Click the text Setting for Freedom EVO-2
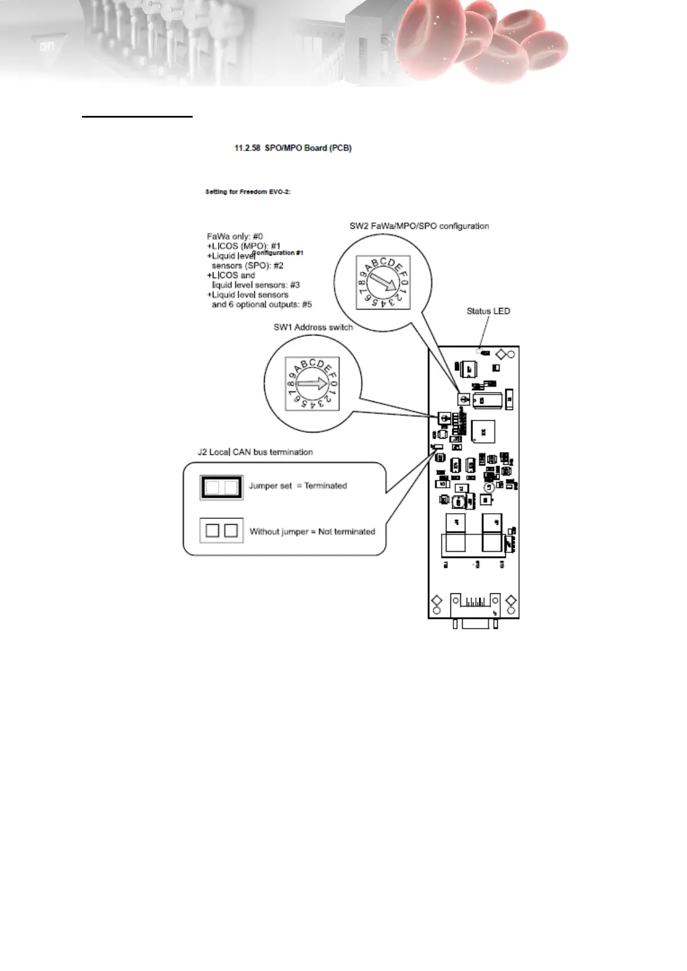click(x=247, y=191)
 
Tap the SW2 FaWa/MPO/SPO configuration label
click(x=419, y=226)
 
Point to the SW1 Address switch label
click(x=313, y=327)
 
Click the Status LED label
click(x=488, y=311)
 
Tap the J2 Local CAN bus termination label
click(x=255, y=452)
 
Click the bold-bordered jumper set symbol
click(x=222, y=488)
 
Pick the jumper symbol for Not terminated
click(x=222, y=530)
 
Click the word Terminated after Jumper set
click(x=325, y=485)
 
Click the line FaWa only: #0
click(x=235, y=236)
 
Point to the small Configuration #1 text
click(x=278, y=253)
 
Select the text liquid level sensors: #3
click(x=256, y=285)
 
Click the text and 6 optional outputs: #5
click(x=261, y=304)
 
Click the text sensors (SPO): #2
click(x=247, y=266)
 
